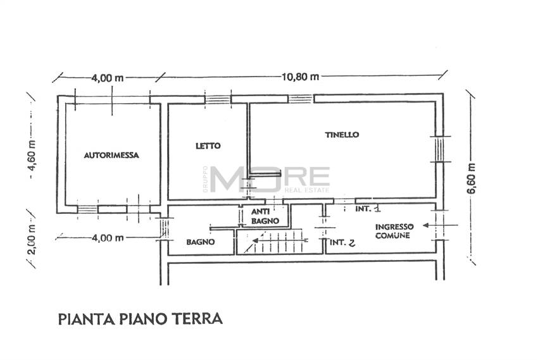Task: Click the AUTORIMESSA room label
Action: pos(111,154)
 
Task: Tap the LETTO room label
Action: pos(208,146)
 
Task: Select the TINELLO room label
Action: pos(342,135)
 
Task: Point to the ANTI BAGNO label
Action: pos(261,216)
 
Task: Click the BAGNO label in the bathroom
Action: pos(200,242)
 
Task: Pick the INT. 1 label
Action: pos(368,208)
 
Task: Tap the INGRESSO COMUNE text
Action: pos(392,231)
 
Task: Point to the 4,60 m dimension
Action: pos(30,163)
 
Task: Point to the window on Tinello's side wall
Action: pos(438,149)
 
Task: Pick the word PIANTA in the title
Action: pos(81,318)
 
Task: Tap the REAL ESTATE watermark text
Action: pos(307,189)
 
